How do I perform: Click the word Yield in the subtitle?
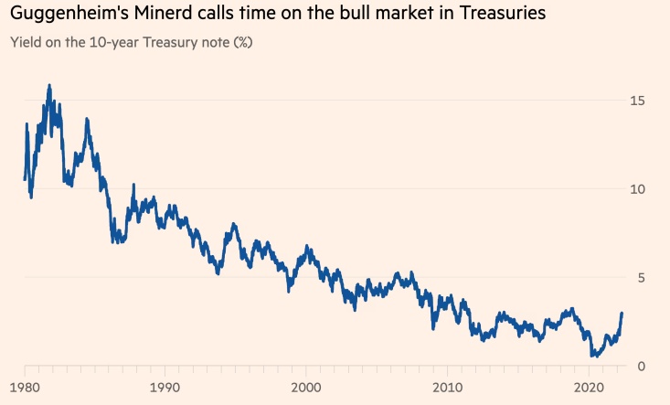pos(25,43)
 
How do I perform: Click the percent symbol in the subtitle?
pos(241,43)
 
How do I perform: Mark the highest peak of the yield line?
pos(49,85)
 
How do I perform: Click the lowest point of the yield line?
pos(591,357)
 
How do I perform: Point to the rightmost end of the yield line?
pos(622,314)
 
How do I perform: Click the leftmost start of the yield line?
pos(24,179)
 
